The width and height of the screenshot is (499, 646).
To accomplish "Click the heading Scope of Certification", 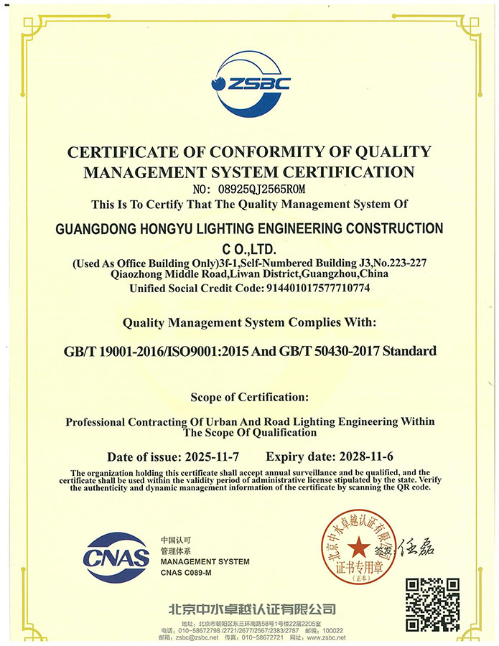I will point(249,396).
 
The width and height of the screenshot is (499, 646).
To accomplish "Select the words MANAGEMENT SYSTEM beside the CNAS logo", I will point(205,561).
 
